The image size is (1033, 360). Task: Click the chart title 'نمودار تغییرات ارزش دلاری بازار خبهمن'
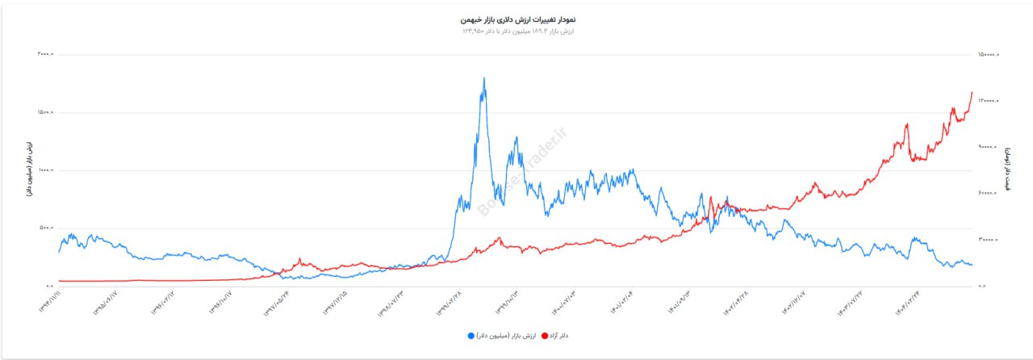pos(516,18)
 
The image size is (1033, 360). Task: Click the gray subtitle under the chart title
pos(516,31)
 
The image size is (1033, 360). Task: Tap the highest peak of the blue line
pos(483,78)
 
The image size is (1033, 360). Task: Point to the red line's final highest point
pos(972,93)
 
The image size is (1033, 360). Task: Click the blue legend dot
pos(470,335)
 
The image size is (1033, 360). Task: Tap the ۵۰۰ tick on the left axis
pos(45,228)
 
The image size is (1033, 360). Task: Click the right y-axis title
pos(1007,170)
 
